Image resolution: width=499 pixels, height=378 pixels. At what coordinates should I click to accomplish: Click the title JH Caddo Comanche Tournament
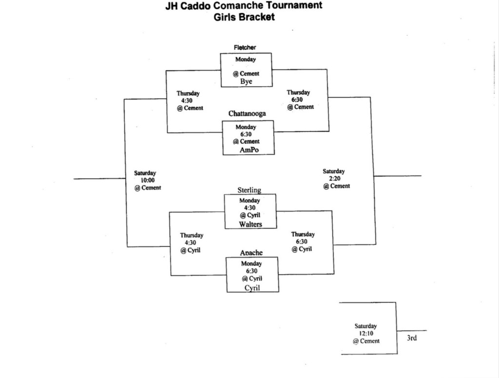(244, 6)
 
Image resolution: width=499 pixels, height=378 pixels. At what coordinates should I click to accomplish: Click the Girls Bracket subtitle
(244, 18)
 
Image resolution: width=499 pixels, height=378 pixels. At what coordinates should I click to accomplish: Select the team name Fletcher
(245, 47)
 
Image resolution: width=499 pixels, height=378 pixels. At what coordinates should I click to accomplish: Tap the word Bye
(246, 81)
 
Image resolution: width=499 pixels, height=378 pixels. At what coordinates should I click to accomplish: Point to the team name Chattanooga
(247, 113)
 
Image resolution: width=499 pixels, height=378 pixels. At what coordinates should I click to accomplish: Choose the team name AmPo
(249, 150)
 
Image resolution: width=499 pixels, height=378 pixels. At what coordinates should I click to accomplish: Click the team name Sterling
(249, 189)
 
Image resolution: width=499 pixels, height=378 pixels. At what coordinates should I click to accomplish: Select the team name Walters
(250, 224)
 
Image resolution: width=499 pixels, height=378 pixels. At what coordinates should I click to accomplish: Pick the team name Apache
(251, 252)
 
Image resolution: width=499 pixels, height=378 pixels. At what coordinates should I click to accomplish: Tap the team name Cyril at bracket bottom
(252, 288)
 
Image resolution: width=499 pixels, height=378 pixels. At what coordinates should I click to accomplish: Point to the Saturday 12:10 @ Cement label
(366, 334)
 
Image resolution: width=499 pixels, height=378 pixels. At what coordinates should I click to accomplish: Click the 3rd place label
(412, 338)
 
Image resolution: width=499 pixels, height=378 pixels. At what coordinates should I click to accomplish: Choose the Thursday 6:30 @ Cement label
(299, 99)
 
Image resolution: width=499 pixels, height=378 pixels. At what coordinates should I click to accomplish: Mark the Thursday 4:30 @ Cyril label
(191, 243)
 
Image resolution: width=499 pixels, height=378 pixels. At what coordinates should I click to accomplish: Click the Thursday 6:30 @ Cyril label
(303, 242)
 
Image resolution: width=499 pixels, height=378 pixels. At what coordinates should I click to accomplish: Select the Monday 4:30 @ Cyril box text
(249, 208)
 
